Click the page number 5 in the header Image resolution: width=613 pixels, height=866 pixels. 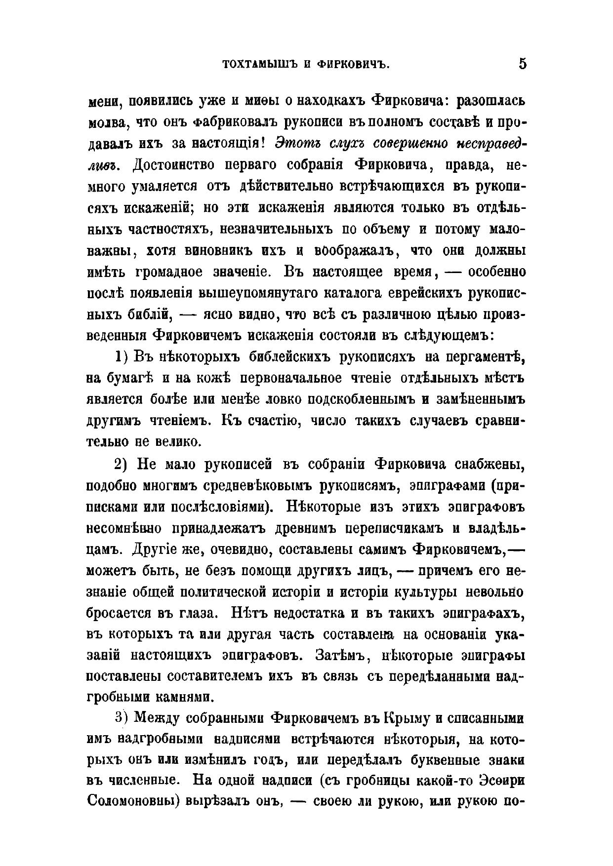pyautogui.click(x=522, y=64)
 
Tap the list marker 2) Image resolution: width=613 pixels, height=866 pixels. pyautogui.click(x=122, y=464)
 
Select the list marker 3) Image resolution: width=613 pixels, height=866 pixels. pyautogui.click(x=122, y=717)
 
